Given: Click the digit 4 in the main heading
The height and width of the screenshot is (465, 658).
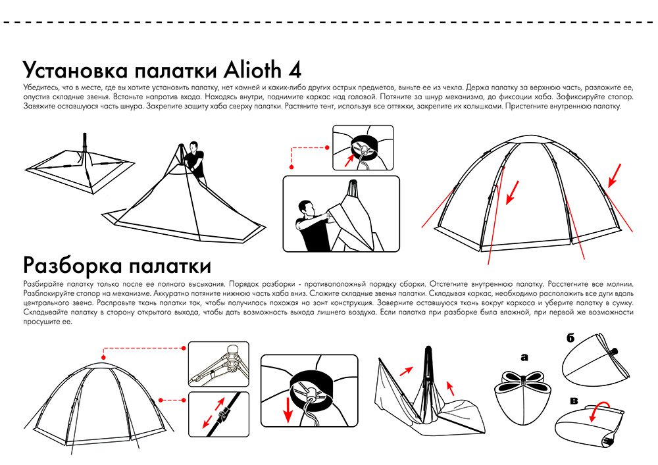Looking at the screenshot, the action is point(295,70).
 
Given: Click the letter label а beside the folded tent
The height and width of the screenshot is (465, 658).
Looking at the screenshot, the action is point(524,358).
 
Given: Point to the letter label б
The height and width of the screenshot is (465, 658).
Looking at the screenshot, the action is point(570,337).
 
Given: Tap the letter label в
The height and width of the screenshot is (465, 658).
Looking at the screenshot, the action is point(574,401).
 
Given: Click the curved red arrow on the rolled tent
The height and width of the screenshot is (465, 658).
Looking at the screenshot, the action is point(599,409).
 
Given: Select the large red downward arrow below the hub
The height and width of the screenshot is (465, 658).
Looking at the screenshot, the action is point(288,409).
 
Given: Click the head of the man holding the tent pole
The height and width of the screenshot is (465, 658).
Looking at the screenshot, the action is point(193,147).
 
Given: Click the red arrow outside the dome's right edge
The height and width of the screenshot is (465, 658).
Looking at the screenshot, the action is point(615,176).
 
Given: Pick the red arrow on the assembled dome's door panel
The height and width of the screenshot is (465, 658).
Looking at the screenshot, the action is point(512,193).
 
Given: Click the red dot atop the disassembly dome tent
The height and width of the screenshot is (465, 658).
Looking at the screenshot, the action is point(104,357).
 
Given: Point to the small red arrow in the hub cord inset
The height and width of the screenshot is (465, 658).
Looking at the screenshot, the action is point(349,160).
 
